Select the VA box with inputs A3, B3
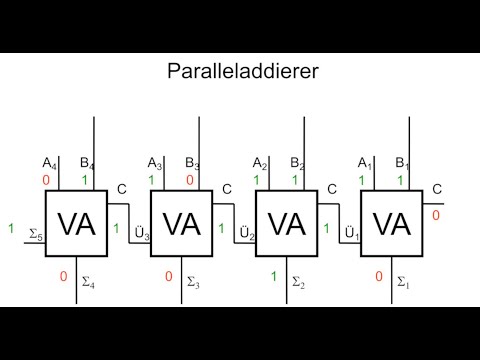click(x=181, y=224)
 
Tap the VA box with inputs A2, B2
click(x=287, y=224)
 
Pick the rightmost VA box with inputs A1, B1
click(x=391, y=224)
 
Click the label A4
click(x=48, y=163)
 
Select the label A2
click(x=259, y=163)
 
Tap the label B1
click(x=402, y=163)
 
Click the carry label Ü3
click(x=142, y=235)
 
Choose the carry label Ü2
click(x=246, y=235)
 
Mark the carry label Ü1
click(x=351, y=235)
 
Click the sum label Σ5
click(x=35, y=237)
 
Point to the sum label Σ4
click(x=87, y=282)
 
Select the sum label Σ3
click(x=193, y=282)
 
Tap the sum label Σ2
click(x=298, y=282)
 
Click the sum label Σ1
click(x=403, y=282)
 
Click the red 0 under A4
click(x=45, y=180)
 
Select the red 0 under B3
click(x=190, y=180)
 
